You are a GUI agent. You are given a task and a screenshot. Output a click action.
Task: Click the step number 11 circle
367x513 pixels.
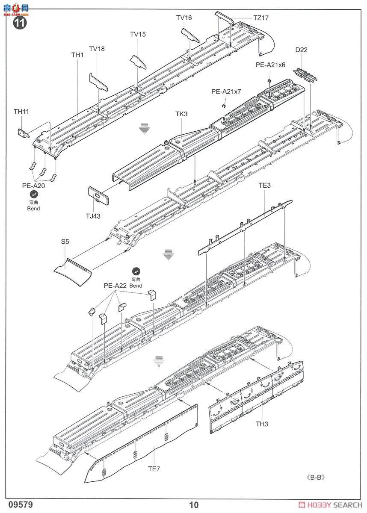click(20, 23)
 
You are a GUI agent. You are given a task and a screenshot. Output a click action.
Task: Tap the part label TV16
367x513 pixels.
click(184, 18)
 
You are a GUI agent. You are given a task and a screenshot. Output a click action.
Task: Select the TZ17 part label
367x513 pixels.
click(260, 18)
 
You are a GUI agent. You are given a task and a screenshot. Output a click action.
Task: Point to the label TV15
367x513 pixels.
click(138, 34)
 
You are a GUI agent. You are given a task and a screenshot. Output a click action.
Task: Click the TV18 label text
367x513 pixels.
click(97, 49)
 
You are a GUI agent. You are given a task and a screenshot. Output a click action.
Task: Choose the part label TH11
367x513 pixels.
click(21, 111)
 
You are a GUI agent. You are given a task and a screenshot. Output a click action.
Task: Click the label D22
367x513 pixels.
click(301, 50)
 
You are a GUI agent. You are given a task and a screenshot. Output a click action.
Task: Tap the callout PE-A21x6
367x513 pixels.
click(270, 65)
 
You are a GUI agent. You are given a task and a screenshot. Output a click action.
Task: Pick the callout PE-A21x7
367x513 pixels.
click(226, 91)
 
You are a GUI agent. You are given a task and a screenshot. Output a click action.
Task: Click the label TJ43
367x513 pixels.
click(92, 216)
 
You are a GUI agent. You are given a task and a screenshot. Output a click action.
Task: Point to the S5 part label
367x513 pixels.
click(65, 242)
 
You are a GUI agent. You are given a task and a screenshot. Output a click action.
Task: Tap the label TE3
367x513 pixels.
click(265, 186)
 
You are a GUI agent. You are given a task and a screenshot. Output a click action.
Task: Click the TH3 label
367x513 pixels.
click(261, 424)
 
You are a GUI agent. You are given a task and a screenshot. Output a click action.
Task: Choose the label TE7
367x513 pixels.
click(154, 469)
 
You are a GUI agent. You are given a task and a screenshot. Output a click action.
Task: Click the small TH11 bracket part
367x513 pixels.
click(24, 133)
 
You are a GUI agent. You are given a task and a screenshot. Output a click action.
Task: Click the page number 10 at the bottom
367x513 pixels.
click(194, 505)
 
